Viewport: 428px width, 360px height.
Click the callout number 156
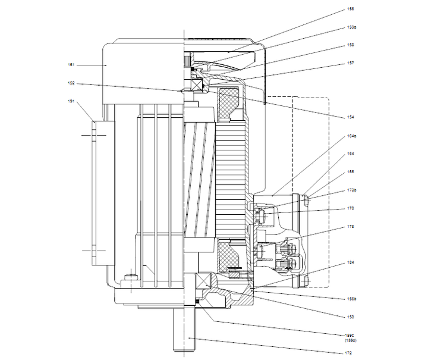[351, 10]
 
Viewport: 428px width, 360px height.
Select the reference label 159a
[352, 27]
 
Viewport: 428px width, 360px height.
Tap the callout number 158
[351, 45]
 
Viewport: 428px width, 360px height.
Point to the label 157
[351, 63]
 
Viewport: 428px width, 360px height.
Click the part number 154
[351, 116]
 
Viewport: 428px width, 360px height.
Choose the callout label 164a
[352, 136]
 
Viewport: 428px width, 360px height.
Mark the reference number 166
[351, 171]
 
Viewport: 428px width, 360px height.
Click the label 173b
[352, 190]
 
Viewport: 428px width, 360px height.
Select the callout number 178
[351, 227]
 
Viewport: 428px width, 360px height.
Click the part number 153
[351, 316]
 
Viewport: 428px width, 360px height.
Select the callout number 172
[351, 353]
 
